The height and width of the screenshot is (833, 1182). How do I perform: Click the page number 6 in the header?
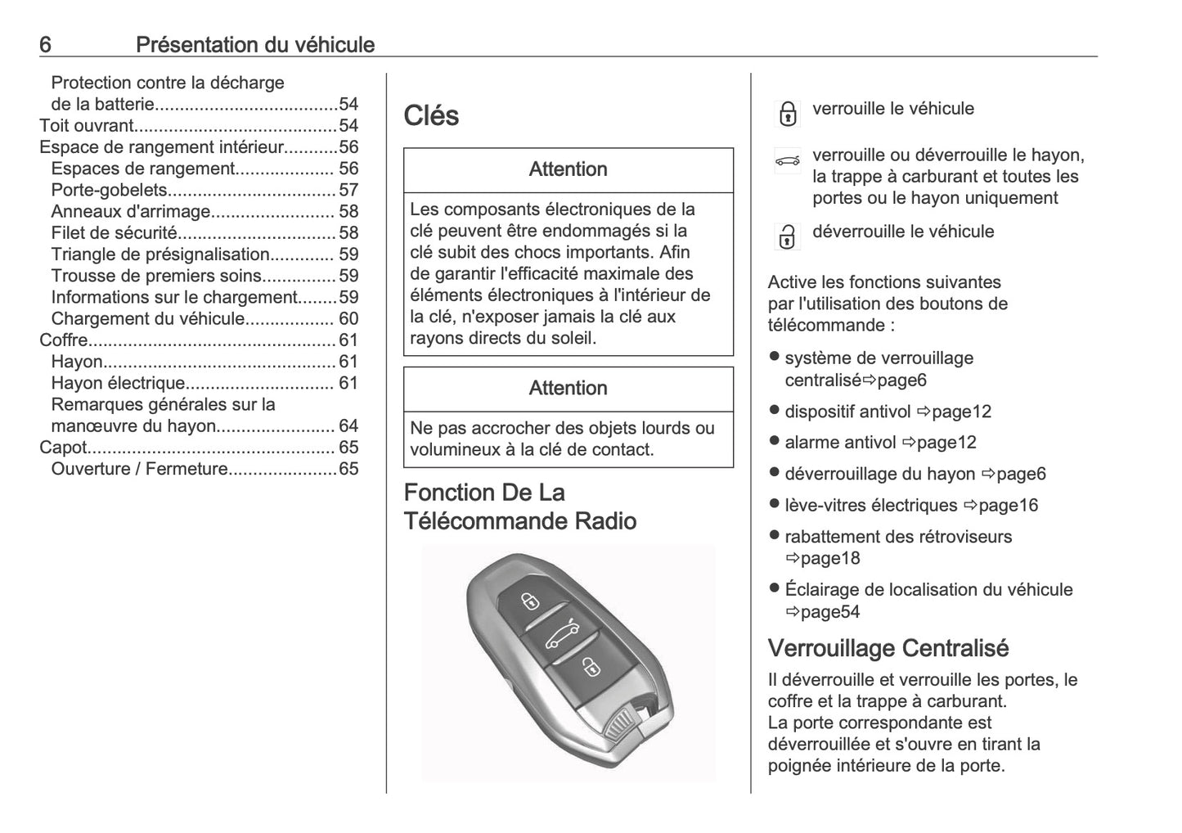[45, 44]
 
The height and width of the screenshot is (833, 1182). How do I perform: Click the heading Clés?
[431, 115]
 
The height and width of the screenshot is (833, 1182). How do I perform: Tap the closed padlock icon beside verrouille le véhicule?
[787, 114]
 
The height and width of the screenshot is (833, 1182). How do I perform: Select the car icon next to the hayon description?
[787, 161]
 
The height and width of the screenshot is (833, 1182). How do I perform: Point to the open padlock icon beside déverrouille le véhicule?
[786, 236]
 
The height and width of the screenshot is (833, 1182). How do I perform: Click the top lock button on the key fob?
[530, 601]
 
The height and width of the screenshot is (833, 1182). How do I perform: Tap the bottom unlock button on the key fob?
[589, 667]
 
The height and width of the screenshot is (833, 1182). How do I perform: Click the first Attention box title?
[568, 169]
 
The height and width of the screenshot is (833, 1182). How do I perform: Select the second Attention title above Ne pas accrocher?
[568, 388]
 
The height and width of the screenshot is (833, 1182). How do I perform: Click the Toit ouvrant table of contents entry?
[87, 125]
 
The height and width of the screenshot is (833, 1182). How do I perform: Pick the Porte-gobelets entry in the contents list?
[109, 190]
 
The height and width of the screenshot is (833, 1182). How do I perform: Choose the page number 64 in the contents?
[348, 426]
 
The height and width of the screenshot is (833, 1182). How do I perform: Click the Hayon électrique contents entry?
[118, 383]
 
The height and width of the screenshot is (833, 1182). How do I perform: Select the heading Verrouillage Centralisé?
[888, 648]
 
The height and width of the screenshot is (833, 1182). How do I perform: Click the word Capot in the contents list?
[63, 447]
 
